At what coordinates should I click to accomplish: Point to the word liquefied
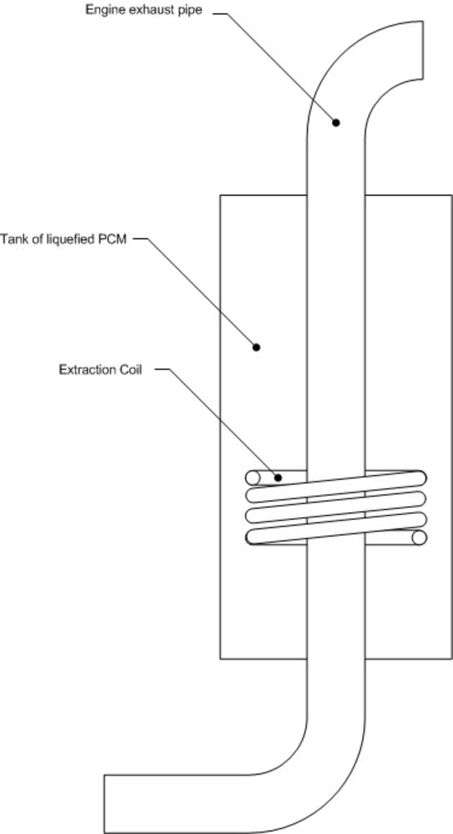(63, 239)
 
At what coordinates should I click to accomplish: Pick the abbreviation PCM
(112, 239)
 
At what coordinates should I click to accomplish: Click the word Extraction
(87, 369)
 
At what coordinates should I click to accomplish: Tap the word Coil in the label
(130, 369)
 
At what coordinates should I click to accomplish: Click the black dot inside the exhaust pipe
(336, 122)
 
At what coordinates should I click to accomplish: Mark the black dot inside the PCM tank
(256, 347)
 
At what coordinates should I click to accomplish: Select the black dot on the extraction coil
(278, 478)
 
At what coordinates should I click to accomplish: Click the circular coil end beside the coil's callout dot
(253, 478)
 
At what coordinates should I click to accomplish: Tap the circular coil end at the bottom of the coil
(419, 538)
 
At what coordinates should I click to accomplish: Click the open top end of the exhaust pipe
(423, 50)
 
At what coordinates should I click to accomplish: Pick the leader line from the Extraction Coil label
(222, 422)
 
